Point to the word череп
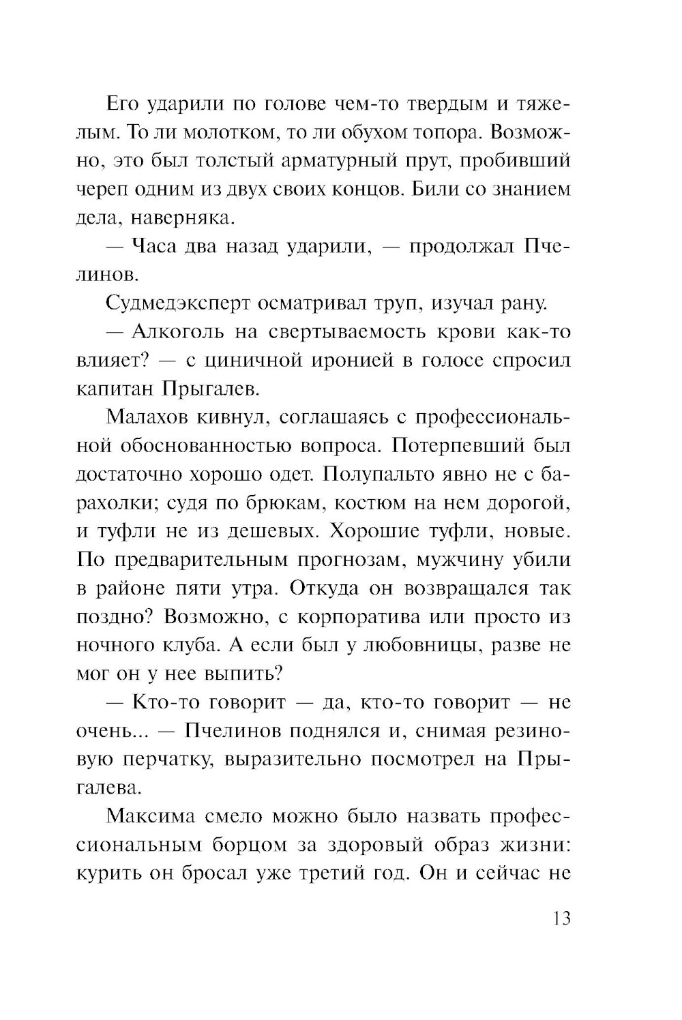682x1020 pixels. click(x=96, y=190)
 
